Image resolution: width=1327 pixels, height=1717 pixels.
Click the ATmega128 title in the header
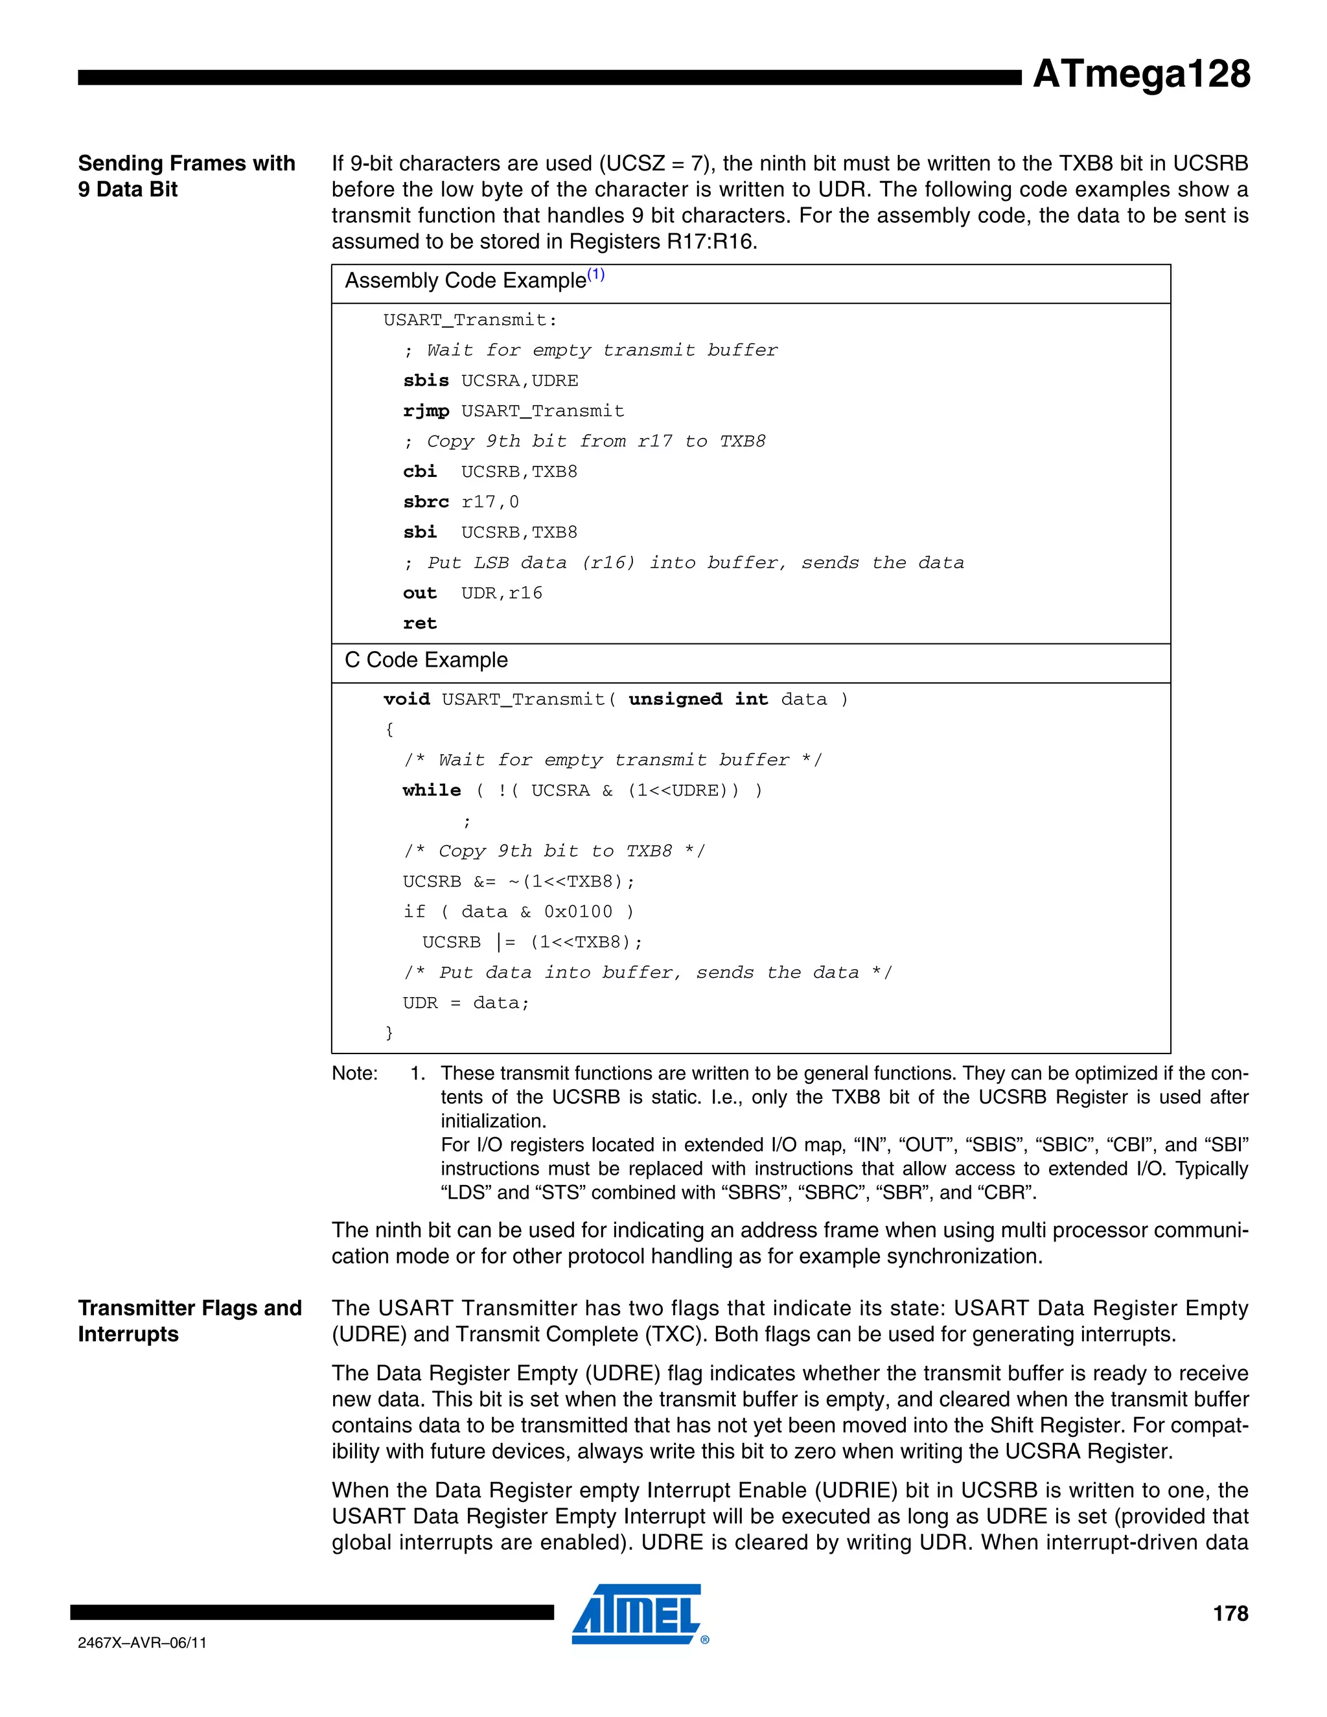1140,74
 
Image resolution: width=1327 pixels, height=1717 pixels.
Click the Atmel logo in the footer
637,1615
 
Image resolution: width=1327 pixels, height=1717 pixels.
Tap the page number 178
1230,1613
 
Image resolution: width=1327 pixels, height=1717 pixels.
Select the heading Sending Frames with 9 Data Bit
187,176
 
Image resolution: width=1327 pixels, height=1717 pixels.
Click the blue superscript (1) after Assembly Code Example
596,274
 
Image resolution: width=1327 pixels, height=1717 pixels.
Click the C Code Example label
426,660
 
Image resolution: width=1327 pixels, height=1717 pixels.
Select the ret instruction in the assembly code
420,623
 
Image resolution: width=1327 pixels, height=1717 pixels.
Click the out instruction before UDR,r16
420,593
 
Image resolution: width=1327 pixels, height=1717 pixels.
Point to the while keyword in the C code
432,790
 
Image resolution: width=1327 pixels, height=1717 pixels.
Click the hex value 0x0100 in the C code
578,912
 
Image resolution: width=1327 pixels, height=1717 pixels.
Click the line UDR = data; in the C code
466,1003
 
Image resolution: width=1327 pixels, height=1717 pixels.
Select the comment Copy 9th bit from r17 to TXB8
584,442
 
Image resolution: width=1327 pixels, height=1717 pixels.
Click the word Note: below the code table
354,1074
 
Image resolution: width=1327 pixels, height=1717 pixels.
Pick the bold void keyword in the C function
406,700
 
